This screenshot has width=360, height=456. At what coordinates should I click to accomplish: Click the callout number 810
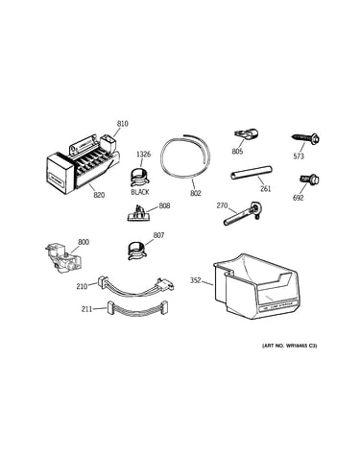122,124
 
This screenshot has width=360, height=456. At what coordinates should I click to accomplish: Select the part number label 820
99,194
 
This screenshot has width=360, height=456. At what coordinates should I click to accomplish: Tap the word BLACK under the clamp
140,192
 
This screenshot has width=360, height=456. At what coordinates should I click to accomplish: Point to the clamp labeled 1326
140,177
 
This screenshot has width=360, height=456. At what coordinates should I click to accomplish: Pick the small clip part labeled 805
246,135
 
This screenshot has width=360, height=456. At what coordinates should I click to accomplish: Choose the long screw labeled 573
306,139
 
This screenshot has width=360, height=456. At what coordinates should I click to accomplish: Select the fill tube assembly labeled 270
242,214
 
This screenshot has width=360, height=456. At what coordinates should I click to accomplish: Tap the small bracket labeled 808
138,213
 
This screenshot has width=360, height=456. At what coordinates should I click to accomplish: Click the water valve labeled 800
62,257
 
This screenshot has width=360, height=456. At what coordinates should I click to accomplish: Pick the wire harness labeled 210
135,285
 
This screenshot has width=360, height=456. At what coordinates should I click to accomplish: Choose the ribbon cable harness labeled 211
137,309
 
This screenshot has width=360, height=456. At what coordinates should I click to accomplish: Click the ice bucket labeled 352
256,286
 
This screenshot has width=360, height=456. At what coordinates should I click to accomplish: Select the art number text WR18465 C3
300,346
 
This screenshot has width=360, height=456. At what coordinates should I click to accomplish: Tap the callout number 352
196,280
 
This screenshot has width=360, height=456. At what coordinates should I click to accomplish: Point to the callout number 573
299,156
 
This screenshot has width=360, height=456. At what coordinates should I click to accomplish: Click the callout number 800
84,242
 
